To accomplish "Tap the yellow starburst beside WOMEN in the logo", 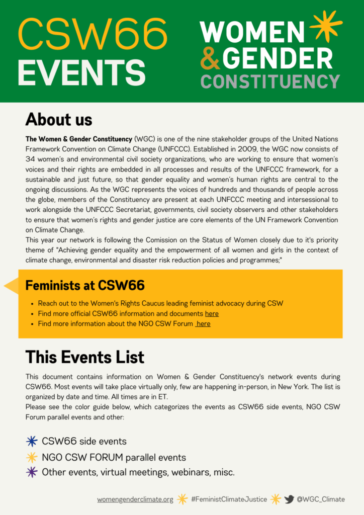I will pyautogui.click(x=325, y=26).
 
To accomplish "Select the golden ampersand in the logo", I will pyautogui.click(x=210, y=58).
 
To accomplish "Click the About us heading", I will pyautogui.click(x=59, y=120).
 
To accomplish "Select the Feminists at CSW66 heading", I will pyautogui.click(x=85, y=286).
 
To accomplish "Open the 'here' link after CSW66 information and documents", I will pyautogui.click(x=212, y=314).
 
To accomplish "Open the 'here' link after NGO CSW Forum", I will pyautogui.click(x=203, y=324).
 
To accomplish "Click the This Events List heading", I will pyautogui.click(x=84, y=357).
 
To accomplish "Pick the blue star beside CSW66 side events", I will pyautogui.click(x=32, y=442).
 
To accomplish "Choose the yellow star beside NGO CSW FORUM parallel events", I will pyautogui.click(x=32, y=457).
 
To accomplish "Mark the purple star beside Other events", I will pyautogui.click(x=32, y=472).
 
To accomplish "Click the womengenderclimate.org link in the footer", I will pyautogui.click(x=135, y=499).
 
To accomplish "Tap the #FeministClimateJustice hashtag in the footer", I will pyautogui.click(x=229, y=499).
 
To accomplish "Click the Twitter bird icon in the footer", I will pyautogui.click(x=289, y=499).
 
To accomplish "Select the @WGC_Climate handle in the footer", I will pyautogui.click(x=321, y=499).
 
